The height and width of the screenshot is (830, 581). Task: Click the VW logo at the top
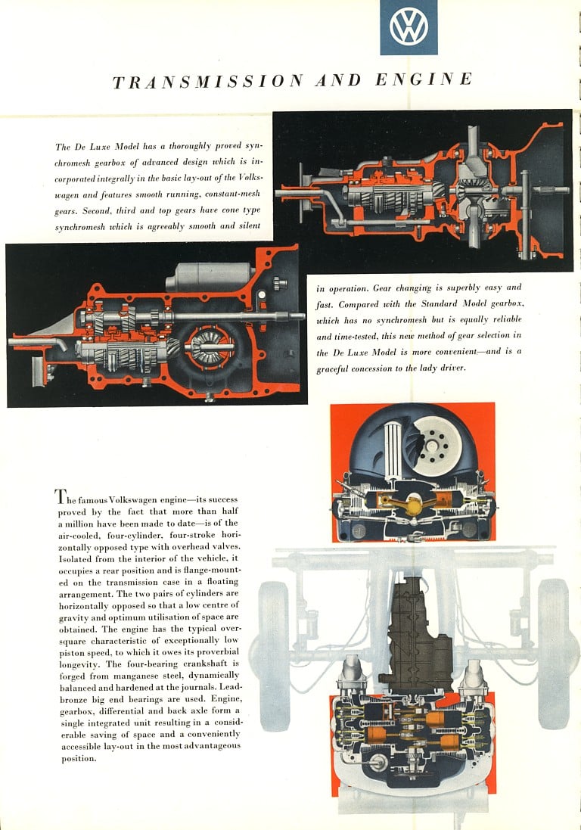pyautogui.click(x=409, y=27)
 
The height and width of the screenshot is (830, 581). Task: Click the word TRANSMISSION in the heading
pyautogui.click(x=208, y=82)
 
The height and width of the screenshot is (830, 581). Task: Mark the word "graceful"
pyautogui.click(x=335, y=368)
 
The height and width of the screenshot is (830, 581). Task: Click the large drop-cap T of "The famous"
pyautogui.click(x=59, y=496)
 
